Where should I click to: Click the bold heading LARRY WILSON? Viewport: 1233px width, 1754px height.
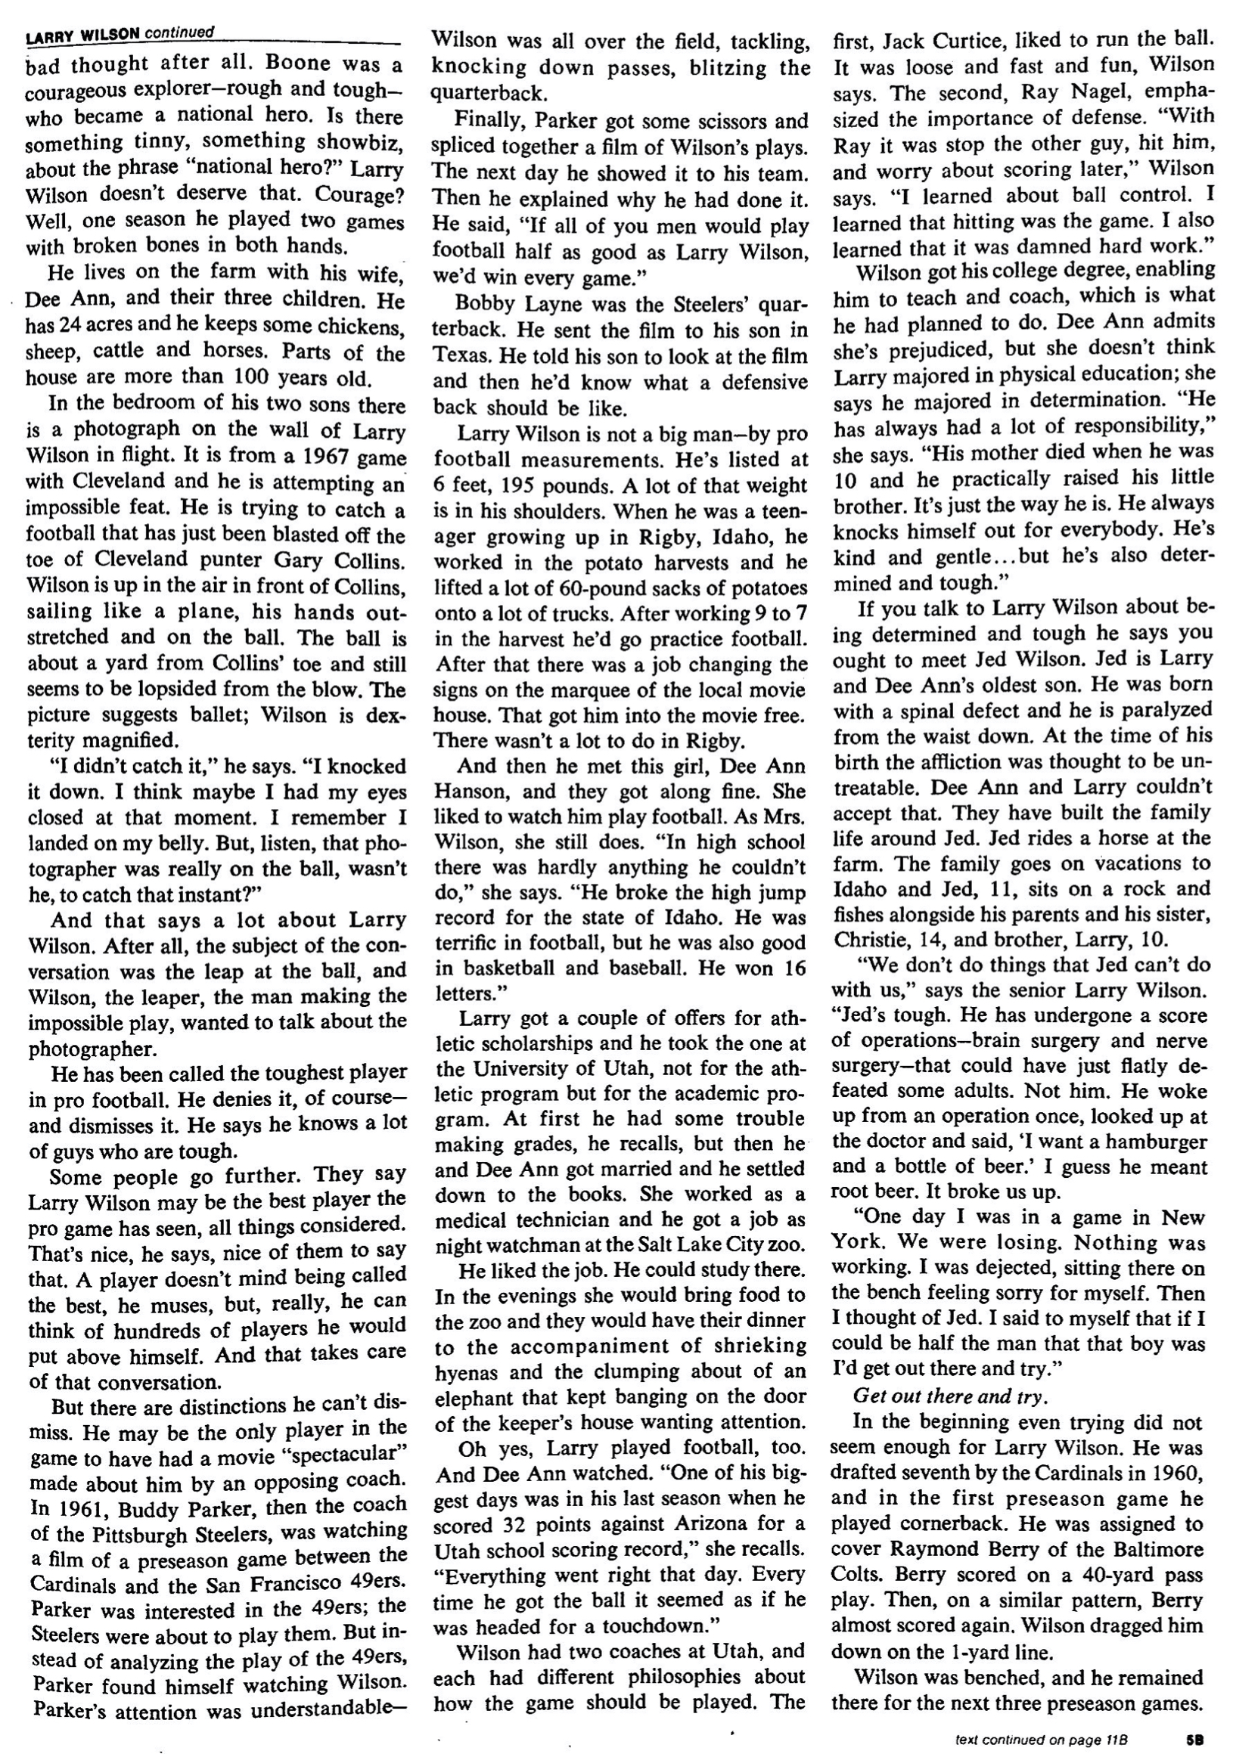coord(82,35)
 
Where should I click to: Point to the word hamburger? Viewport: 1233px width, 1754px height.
coord(1150,1142)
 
